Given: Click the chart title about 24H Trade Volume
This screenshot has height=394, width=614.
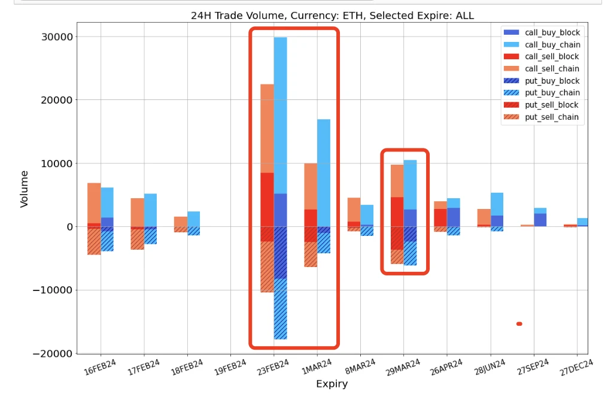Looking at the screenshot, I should tap(332, 16).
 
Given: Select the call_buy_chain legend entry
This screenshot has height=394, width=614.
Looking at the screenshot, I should tap(552, 45).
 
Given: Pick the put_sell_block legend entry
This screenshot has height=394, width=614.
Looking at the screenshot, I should tap(551, 105).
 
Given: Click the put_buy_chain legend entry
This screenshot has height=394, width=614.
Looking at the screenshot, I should tap(552, 93).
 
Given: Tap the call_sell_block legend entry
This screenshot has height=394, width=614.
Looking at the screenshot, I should tap(551, 57).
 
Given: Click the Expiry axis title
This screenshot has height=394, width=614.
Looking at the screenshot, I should tap(332, 384).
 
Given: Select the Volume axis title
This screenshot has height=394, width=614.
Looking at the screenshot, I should tap(25, 189).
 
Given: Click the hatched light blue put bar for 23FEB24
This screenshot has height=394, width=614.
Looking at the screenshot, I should tap(280, 309).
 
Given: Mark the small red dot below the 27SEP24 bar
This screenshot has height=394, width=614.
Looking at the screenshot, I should tap(519, 324).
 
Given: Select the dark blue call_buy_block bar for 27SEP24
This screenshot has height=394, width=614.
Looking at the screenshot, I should tap(540, 220).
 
